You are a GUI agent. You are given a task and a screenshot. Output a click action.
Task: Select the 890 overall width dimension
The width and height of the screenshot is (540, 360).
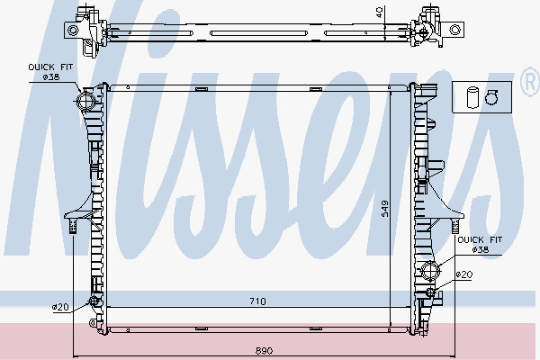point(264,349)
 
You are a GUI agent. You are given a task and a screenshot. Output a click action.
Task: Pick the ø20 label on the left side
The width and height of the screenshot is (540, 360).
point(60,307)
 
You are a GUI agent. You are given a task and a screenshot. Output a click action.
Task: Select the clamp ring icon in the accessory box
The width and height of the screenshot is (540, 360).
point(490,97)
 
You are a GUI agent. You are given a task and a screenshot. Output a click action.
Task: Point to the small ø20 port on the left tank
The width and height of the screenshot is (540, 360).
point(92,301)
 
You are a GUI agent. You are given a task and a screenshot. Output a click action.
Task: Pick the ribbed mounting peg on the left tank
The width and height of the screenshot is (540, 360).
point(70,224)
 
